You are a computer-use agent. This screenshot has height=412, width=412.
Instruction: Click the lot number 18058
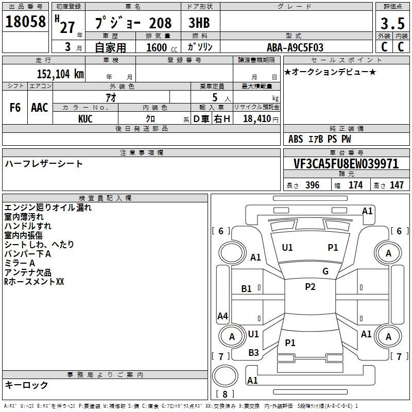tap(25, 22)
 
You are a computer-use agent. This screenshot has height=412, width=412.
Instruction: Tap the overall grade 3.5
tap(392, 23)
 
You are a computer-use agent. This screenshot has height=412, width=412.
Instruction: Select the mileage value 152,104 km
tap(60, 74)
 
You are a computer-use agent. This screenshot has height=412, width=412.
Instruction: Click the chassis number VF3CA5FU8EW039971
tap(346, 163)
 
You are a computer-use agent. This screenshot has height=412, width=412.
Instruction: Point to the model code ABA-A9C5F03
tap(295, 47)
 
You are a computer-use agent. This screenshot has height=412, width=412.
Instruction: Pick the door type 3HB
tap(199, 23)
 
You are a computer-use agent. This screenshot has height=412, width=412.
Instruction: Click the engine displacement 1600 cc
tap(162, 47)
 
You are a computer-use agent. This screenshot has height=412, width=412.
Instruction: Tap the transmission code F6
tap(15, 108)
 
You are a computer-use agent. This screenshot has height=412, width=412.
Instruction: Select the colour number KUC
tap(85, 119)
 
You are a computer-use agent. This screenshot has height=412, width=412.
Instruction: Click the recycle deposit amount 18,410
tap(257, 119)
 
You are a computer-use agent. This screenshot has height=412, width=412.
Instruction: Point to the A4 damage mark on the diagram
tap(222, 316)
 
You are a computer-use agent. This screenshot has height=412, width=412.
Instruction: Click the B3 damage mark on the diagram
tap(253, 353)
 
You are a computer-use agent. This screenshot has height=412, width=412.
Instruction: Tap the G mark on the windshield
tap(325, 271)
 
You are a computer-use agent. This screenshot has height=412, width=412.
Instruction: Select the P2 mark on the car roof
tap(310, 287)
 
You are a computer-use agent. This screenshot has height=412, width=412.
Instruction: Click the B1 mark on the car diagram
tap(247, 289)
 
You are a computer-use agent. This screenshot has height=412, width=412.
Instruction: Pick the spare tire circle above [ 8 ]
tap(225, 376)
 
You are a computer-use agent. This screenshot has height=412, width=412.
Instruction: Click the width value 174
tap(355, 185)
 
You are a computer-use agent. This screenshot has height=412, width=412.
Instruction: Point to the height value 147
tap(397, 185)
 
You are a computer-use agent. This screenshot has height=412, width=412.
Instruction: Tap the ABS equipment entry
tap(296, 139)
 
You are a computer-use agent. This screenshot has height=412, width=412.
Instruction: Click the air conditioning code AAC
tap(40, 108)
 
